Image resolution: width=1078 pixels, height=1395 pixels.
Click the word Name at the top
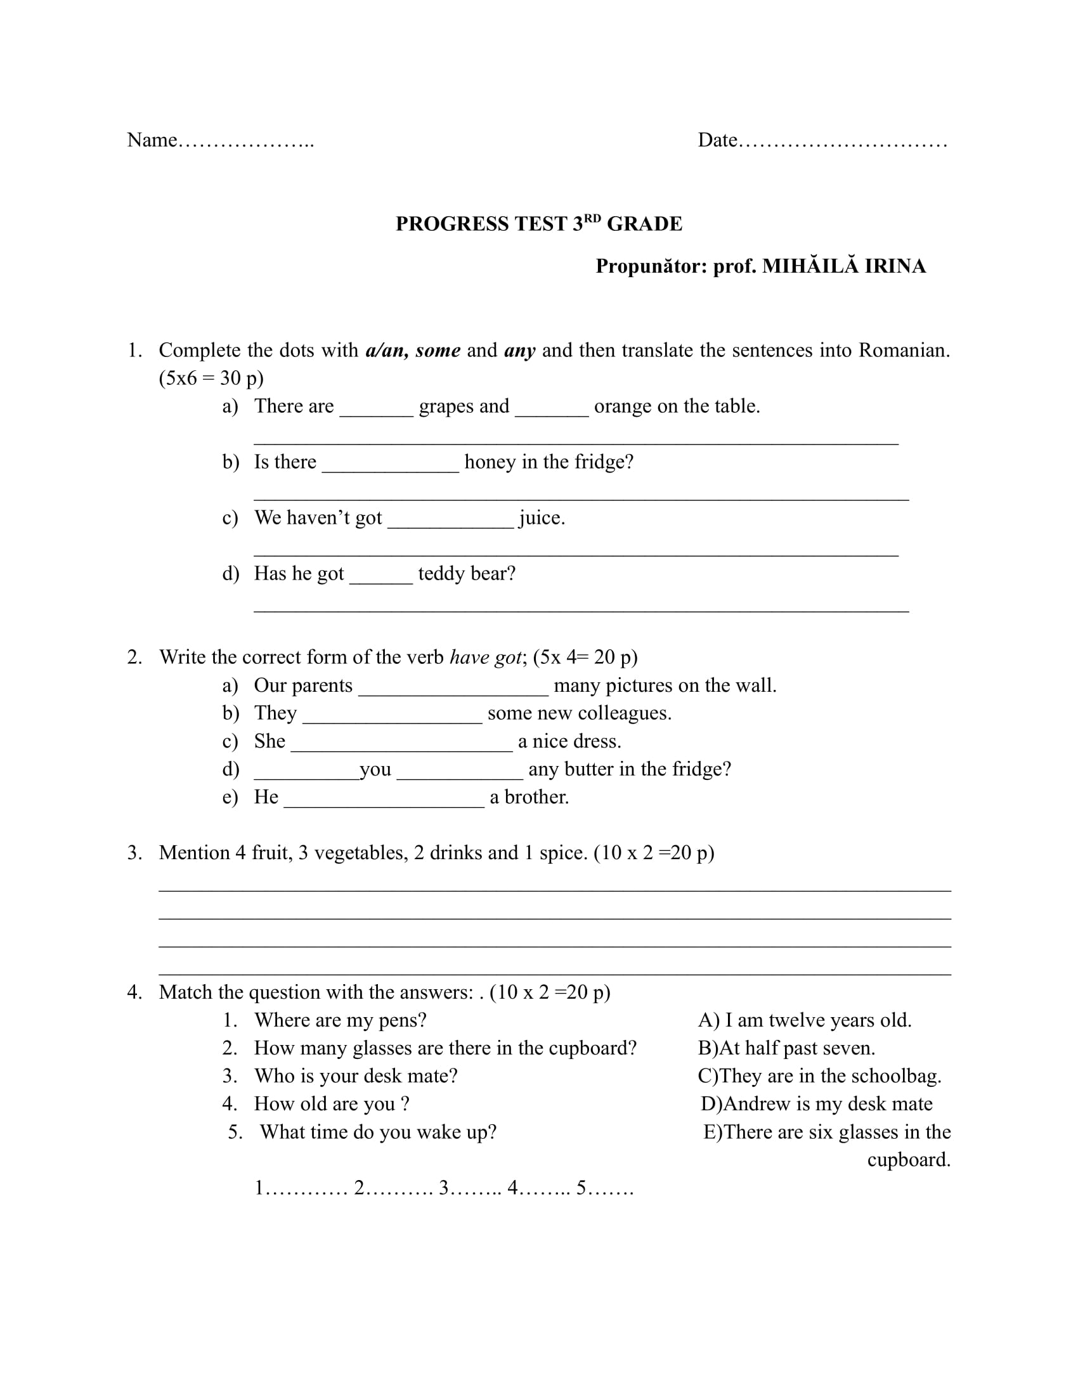point(152,140)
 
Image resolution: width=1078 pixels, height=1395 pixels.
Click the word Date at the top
point(717,140)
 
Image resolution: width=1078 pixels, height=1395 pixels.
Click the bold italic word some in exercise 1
point(438,350)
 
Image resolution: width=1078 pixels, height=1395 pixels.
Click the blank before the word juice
point(450,519)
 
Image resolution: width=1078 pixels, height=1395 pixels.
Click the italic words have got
point(485,658)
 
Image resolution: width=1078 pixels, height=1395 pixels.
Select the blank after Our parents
point(453,687)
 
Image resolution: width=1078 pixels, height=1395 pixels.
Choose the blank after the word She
point(401,743)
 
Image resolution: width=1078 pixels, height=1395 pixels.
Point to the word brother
point(536,797)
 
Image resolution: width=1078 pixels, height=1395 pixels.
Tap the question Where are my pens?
point(340,1020)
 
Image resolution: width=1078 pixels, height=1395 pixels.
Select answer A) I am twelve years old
point(805,1020)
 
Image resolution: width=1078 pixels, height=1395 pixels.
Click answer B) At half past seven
point(786,1048)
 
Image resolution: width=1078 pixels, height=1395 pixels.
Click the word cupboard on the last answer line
point(908,1159)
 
